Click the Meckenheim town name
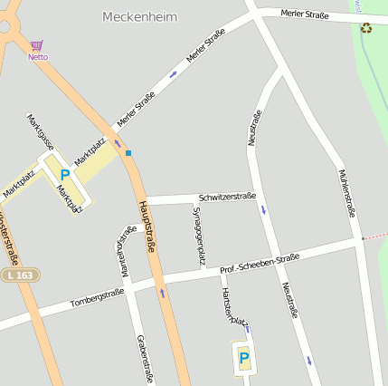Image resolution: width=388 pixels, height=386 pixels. click(140, 16)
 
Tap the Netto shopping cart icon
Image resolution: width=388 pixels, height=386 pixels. click(36, 45)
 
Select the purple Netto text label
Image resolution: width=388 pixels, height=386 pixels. click(38, 57)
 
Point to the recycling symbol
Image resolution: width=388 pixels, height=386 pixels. click(366, 27)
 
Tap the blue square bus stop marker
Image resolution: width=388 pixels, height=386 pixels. click(128, 152)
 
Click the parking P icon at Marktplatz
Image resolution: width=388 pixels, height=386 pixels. click(64, 174)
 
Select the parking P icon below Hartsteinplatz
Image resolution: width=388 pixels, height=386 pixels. click(243, 358)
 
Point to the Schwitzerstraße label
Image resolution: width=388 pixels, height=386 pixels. click(227, 197)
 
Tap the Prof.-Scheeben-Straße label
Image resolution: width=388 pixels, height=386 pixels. click(260, 264)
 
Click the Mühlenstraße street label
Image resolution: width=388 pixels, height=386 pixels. click(345, 193)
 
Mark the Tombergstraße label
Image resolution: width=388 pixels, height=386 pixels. click(97, 297)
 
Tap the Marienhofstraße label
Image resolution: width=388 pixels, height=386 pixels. click(122, 251)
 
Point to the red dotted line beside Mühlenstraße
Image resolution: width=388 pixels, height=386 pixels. click(374, 236)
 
